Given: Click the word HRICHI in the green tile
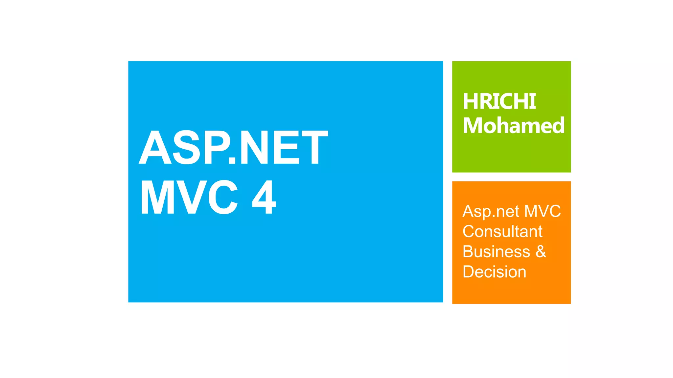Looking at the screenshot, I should [499, 101].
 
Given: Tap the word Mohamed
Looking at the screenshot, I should [514, 125].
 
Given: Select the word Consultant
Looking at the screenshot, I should [502, 231].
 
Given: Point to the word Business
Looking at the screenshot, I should [496, 252].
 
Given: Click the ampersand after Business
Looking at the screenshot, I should [541, 252].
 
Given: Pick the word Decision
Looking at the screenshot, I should [494, 272].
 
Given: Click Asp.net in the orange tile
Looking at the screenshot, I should [491, 212].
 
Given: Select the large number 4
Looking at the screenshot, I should [264, 197].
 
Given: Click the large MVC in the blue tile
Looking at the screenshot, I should [189, 197].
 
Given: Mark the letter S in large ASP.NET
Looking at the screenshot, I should [187, 147].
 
